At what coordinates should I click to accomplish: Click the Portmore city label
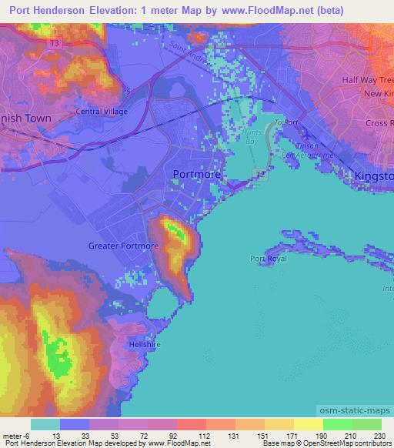[196, 175]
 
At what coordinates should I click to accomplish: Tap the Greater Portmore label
[123, 246]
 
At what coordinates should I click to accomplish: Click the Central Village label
[101, 111]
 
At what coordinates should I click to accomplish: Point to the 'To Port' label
[285, 122]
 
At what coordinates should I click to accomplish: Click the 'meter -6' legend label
[15, 436]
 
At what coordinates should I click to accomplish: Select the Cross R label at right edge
[379, 123]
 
